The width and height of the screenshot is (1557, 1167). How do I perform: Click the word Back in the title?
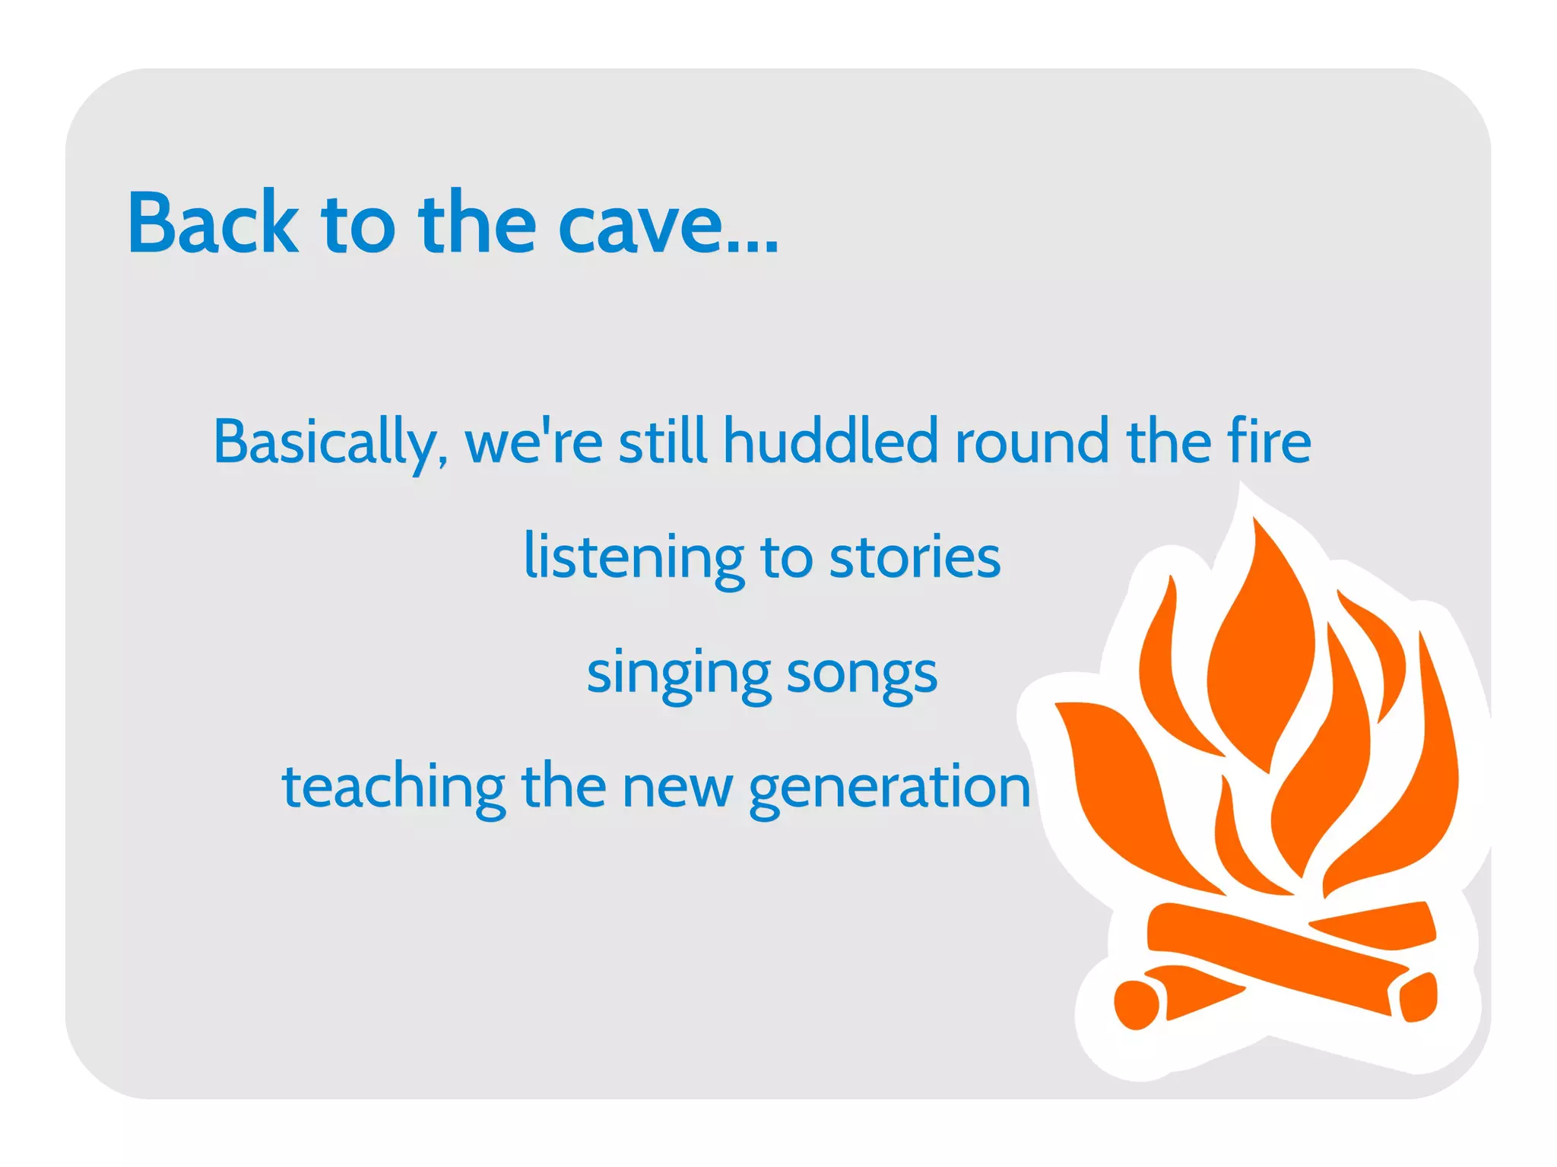point(213,223)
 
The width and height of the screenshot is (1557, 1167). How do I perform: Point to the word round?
point(1032,442)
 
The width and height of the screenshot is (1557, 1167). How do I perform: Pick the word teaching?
point(393,788)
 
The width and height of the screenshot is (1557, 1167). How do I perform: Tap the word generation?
point(889,789)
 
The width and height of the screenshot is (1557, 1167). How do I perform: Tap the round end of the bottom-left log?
point(1136,1004)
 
